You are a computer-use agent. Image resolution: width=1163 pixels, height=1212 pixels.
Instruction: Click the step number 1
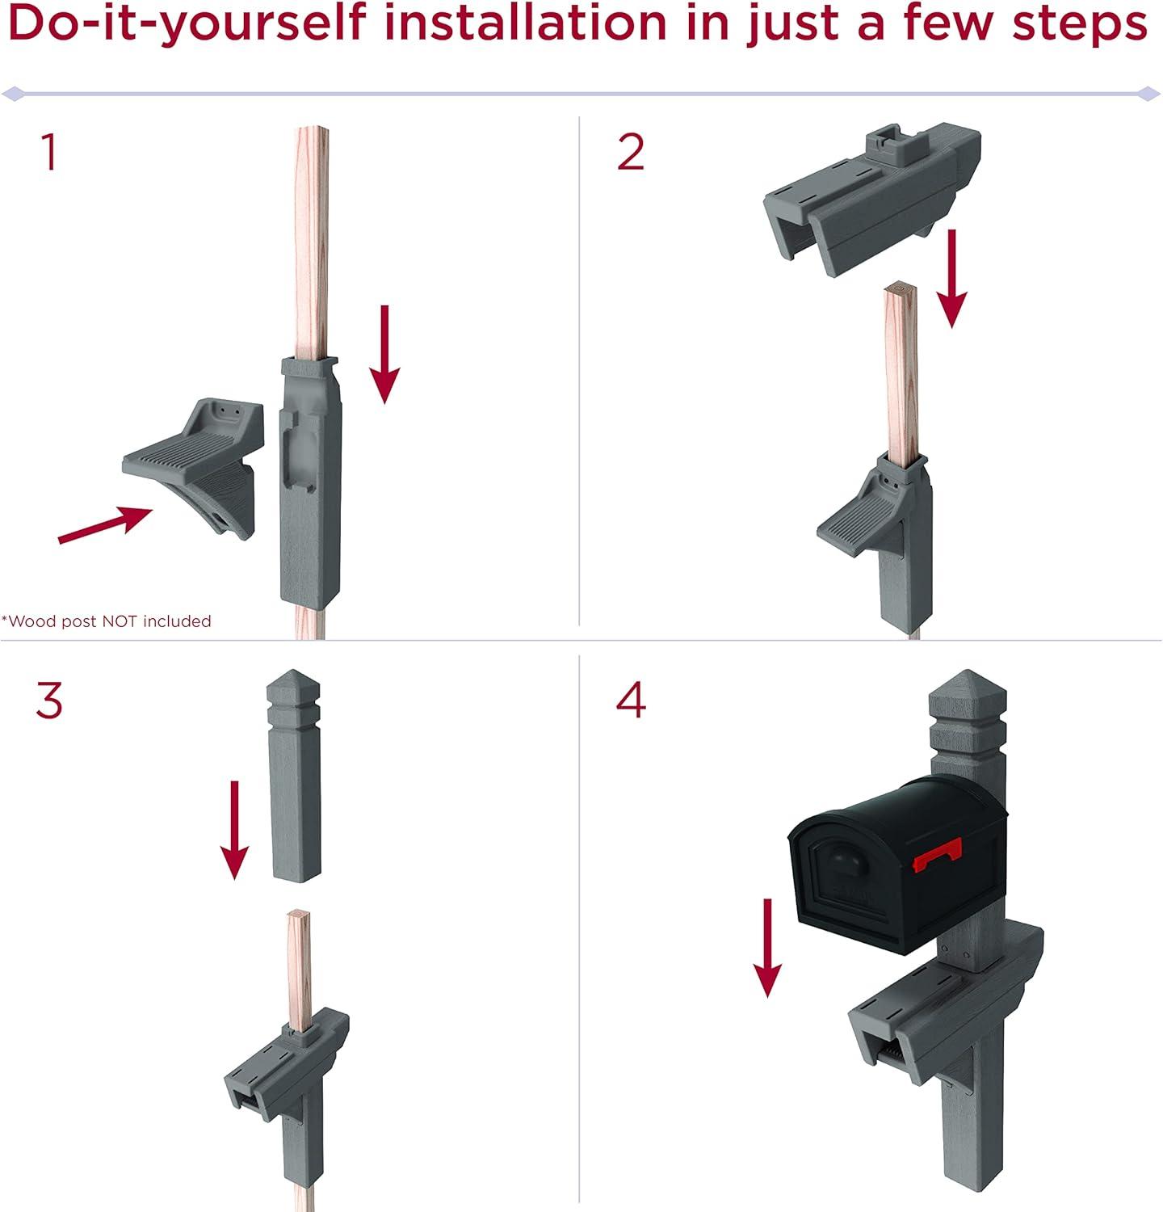(50, 154)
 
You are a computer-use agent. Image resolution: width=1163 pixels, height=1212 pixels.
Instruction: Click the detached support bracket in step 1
(194, 469)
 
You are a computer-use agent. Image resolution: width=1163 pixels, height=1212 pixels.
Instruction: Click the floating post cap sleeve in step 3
(293, 776)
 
